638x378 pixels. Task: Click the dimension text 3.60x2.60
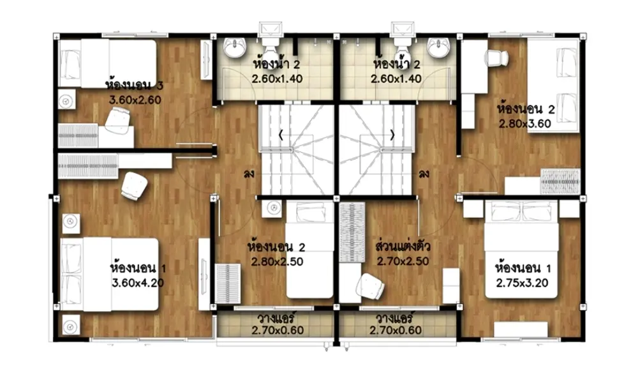(x=135, y=100)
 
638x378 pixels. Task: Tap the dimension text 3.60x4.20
(x=138, y=283)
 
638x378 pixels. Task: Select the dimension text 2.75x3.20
(x=522, y=283)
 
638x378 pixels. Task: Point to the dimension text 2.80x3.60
(x=525, y=123)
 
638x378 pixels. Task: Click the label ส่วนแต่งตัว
(x=403, y=246)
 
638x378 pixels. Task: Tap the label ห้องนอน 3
(x=134, y=85)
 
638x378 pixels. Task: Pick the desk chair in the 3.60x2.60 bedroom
(x=117, y=121)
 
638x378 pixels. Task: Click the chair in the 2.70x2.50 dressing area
(x=370, y=286)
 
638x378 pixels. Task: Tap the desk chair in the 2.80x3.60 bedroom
(x=496, y=58)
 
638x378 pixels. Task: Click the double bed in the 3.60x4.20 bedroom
(x=109, y=274)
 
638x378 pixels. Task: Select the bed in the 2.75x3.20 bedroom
(x=521, y=249)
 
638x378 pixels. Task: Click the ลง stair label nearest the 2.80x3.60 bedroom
(x=424, y=174)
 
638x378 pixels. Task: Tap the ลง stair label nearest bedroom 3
(x=249, y=174)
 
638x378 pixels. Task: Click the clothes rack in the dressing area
(x=352, y=232)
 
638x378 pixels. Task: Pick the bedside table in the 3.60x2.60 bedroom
(x=67, y=100)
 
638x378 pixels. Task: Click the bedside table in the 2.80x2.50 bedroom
(x=274, y=208)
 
